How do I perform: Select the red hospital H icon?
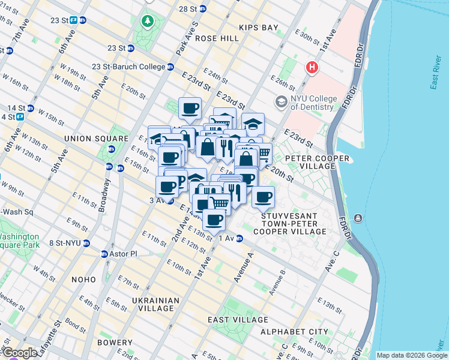coord(312,67)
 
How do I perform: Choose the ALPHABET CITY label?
coord(294,331)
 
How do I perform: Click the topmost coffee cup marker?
coord(190,108)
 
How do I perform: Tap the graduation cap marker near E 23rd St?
coord(253,124)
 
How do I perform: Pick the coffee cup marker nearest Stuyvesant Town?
coord(262,197)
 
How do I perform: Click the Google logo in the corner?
coord(19,353)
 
